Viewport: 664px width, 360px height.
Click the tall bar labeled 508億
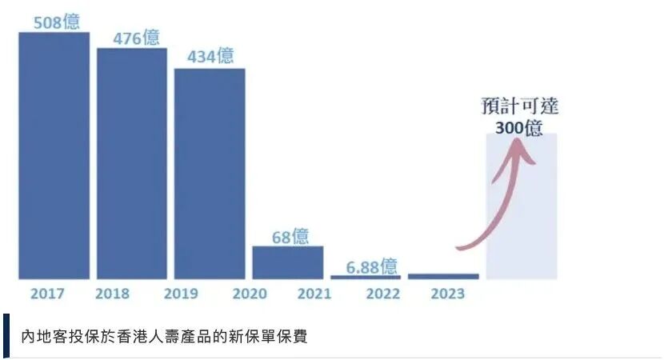[54, 155]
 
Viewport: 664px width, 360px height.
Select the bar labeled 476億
[132, 163]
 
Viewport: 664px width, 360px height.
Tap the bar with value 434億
[210, 174]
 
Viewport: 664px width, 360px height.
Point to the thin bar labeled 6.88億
[366, 277]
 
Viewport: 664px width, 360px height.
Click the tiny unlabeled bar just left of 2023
[443, 276]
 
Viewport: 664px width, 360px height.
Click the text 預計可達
[520, 106]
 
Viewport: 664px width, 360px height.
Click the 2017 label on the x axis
[47, 294]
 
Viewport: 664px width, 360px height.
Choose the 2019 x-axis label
[181, 294]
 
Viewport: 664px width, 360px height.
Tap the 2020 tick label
[250, 294]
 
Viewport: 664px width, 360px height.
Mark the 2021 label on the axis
[314, 294]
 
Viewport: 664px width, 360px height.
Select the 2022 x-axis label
[383, 294]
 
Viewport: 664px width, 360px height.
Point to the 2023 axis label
[447, 294]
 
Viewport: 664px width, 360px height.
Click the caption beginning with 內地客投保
[164, 335]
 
